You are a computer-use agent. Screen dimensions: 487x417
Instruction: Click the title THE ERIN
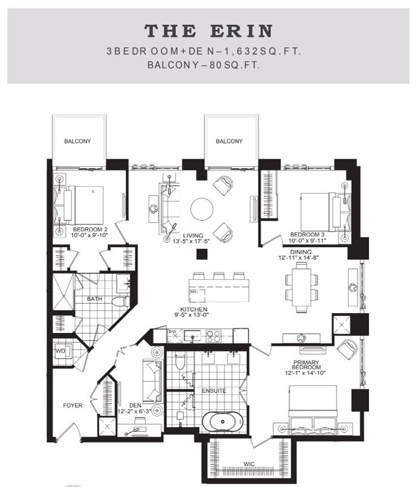click(208, 30)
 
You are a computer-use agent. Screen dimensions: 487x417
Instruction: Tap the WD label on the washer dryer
click(60, 351)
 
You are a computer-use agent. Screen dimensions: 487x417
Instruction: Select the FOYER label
click(73, 405)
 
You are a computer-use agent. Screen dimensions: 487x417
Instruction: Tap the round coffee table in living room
click(202, 209)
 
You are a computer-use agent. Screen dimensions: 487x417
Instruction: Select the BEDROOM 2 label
click(90, 229)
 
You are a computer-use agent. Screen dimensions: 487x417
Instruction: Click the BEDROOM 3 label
click(307, 234)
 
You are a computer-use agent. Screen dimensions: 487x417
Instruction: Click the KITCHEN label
click(194, 309)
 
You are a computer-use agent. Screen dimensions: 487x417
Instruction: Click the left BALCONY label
click(77, 141)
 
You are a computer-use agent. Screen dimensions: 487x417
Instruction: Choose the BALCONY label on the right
click(229, 141)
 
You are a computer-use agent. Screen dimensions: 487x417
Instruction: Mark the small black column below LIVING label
click(200, 255)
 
